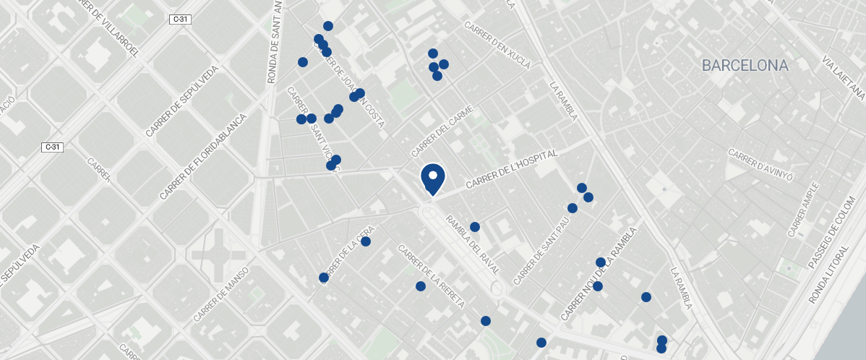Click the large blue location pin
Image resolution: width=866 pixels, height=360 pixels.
[x=432, y=177]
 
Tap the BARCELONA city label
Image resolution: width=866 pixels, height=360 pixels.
[x=745, y=66]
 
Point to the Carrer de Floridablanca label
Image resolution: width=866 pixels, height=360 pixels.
[x=202, y=156]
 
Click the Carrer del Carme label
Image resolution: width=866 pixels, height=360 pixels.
[x=442, y=132]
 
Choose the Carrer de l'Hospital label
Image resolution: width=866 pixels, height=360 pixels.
[x=513, y=171]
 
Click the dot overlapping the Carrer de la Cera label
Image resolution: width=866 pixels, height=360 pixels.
[x=323, y=278]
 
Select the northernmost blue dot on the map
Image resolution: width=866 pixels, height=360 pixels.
[x=328, y=26]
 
